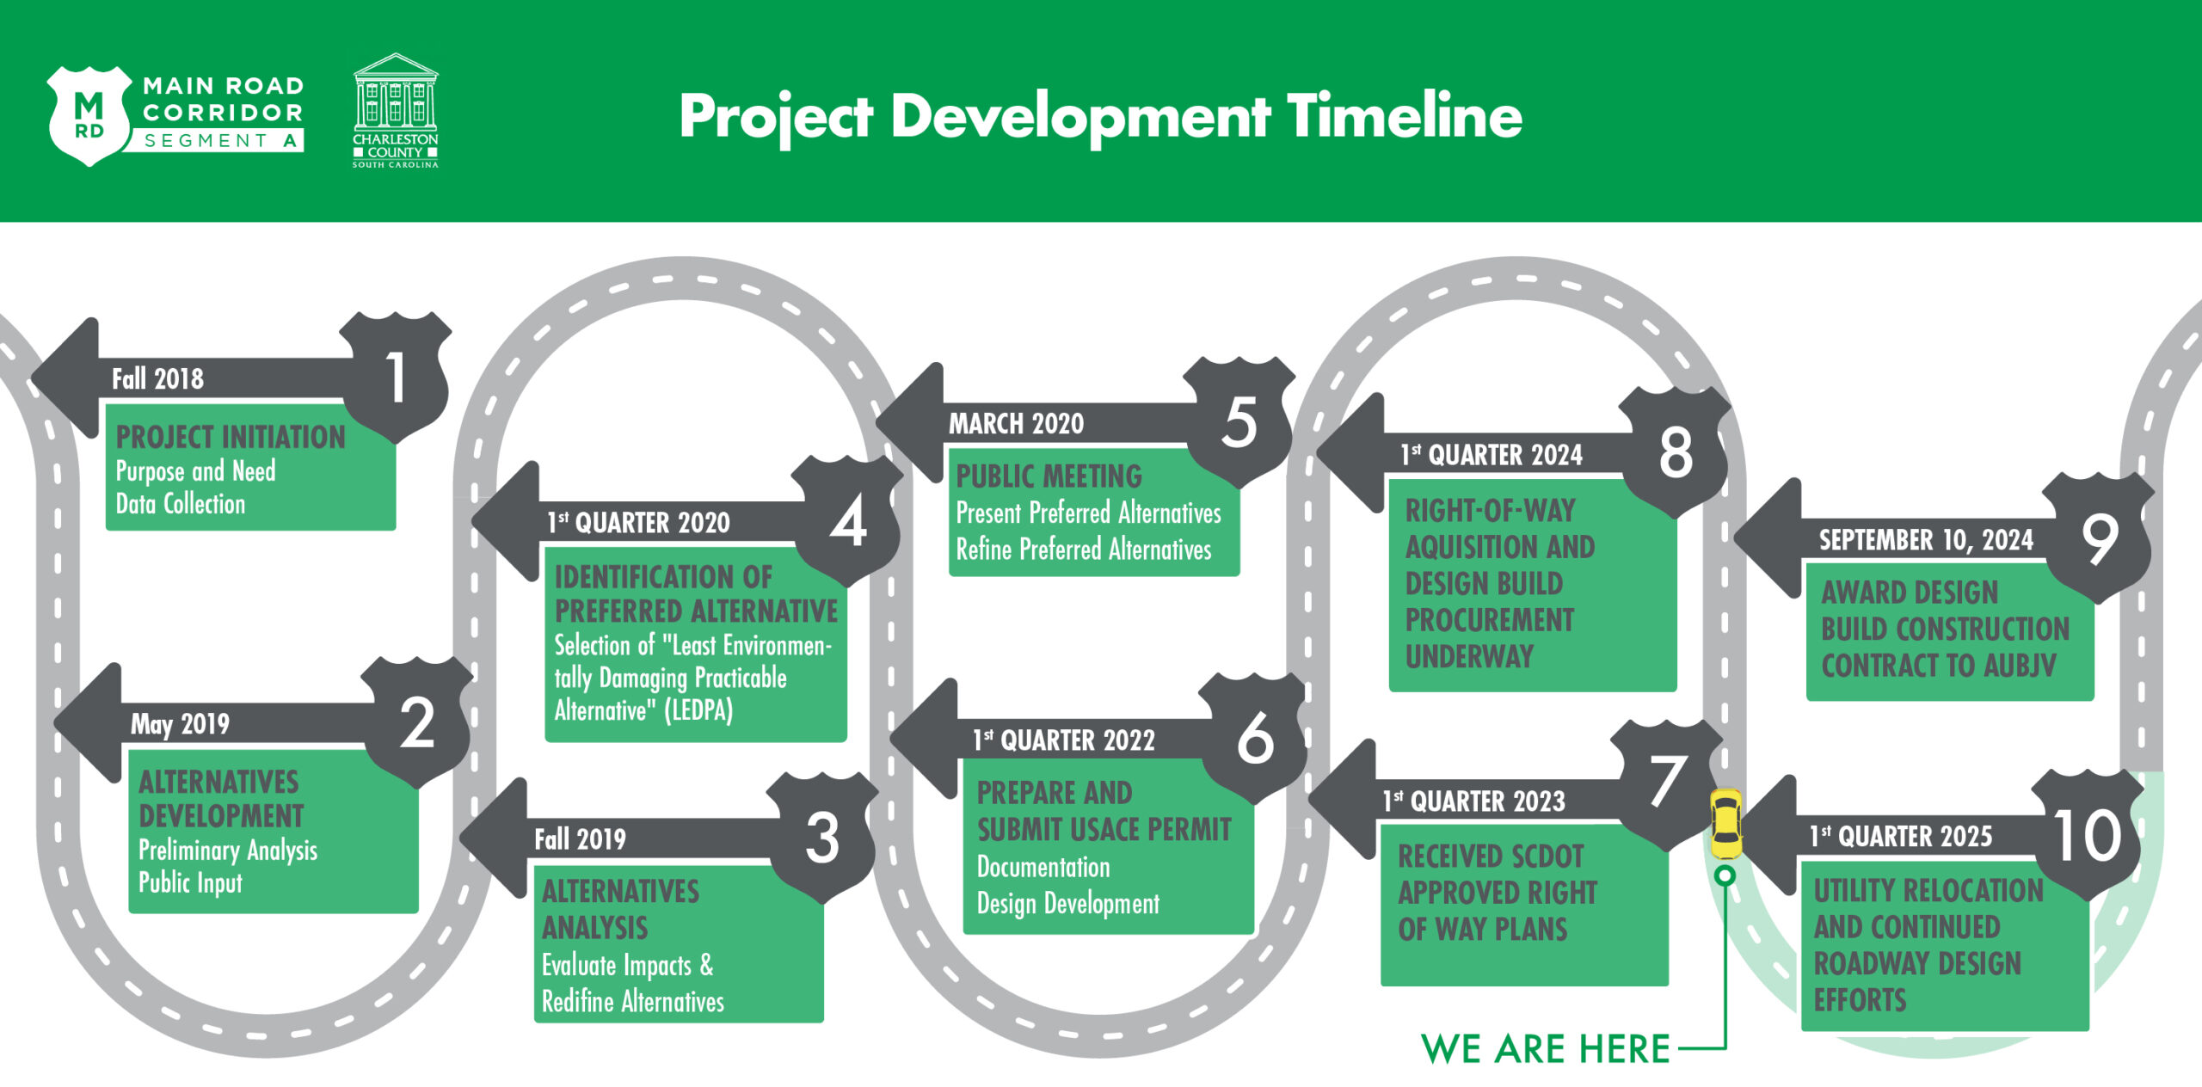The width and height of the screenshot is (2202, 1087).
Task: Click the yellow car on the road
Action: [1725, 824]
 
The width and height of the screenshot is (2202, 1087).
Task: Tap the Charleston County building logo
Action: [396, 110]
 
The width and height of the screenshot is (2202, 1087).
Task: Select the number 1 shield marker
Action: [396, 378]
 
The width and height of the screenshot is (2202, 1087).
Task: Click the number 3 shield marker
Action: [822, 838]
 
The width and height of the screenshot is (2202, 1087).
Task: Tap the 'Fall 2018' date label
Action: [157, 378]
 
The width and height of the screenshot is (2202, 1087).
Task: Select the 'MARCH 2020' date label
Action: [1016, 423]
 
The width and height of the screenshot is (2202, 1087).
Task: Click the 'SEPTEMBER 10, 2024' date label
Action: [1926, 540]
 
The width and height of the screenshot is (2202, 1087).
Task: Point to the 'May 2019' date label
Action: [180, 724]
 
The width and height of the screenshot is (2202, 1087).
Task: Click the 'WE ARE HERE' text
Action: [1546, 1049]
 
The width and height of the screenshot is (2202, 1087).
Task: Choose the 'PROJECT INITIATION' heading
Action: [231, 437]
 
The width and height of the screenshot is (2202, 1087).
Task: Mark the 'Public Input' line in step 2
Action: [190, 883]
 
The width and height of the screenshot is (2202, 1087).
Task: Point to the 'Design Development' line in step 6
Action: [1067, 904]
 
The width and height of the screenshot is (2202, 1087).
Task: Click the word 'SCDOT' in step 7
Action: [1539, 857]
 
